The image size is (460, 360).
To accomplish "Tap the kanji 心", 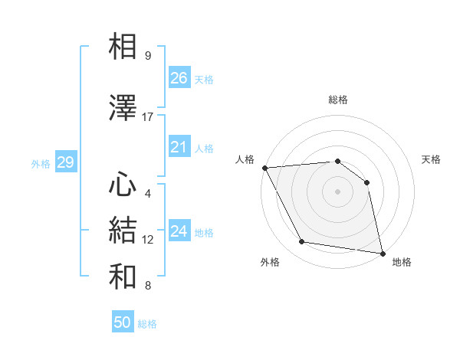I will [x=123, y=185].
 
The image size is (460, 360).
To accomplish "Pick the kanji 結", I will [x=123, y=231].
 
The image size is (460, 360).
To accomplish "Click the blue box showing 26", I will [x=179, y=77].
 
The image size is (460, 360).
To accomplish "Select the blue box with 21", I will [x=179, y=147].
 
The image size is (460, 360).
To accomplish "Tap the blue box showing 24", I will [x=179, y=231].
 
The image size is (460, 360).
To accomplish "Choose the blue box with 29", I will [x=65, y=162].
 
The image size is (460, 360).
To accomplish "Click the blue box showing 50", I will [x=123, y=322].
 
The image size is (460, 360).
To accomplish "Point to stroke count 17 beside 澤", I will [x=148, y=117].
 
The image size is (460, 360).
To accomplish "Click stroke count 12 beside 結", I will [x=148, y=240].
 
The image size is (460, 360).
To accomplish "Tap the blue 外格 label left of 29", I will [x=41, y=163].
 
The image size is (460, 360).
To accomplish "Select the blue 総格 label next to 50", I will [x=147, y=324].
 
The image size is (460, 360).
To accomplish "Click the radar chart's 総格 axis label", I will [x=338, y=100].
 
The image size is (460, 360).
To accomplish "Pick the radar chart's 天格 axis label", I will [x=432, y=159].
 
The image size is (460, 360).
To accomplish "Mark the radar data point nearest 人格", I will [x=264, y=168].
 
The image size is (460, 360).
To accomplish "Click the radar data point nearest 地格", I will [x=382, y=253].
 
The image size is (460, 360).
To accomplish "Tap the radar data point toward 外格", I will [x=302, y=242].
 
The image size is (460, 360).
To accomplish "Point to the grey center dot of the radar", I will [x=337, y=191].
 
